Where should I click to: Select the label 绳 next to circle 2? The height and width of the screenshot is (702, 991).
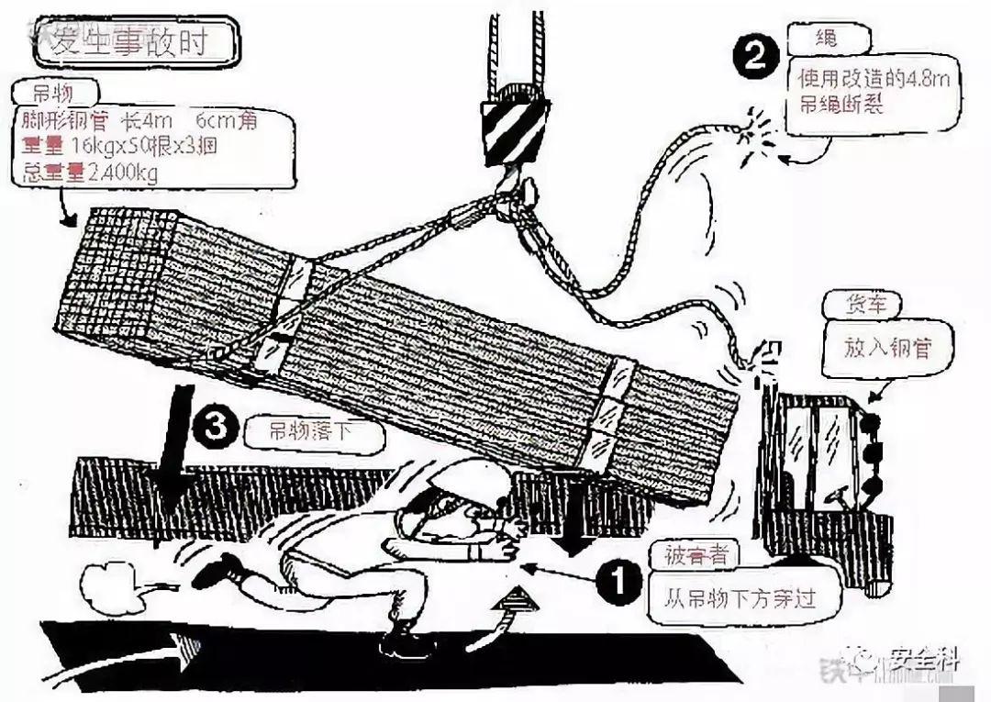click(x=826, y=39)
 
